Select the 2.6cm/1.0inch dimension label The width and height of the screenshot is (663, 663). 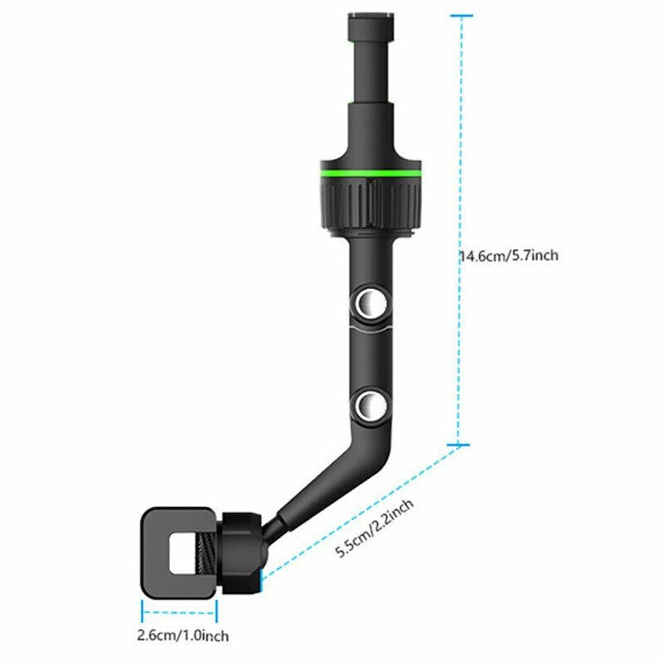(182, 637)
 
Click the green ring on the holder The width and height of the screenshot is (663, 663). (370, 172)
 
